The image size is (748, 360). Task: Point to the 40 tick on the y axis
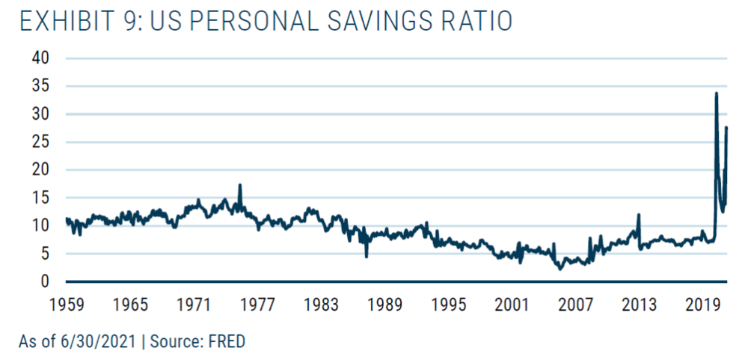click(40, 58)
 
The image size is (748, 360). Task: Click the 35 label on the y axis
click(40, 86)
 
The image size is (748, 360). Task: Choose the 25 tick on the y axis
click(40, 142)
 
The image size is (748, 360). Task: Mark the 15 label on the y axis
click(40, 198)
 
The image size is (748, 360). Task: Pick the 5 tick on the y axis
click(44, 254)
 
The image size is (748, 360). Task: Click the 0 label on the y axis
click(44, 281)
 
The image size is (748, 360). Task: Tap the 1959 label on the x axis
click(66, 305)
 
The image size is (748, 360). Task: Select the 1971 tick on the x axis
click(193, 305)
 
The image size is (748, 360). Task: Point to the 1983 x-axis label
click(320, 305)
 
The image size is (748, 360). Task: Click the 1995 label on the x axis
click(447, 305)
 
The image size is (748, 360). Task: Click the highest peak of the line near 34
click(717, 94)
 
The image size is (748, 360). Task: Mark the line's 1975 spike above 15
click(239, 185)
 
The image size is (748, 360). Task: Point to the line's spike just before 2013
click(639, 215)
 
